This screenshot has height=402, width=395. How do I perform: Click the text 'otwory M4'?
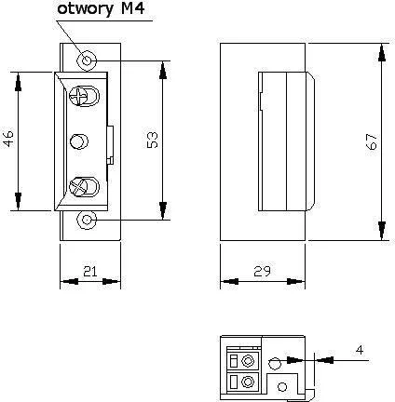click(x=102, y=11)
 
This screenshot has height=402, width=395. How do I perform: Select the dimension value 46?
click(x=8, y=140)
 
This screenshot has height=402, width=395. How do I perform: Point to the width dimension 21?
click(x=89, y=271)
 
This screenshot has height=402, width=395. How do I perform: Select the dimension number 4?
click(x=359, y=349)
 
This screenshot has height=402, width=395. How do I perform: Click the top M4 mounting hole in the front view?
click(x=87, y=60)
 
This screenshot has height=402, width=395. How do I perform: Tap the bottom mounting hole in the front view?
click(x=87, y=220)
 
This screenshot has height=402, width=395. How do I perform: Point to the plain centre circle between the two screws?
click(x=80, y=141)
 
